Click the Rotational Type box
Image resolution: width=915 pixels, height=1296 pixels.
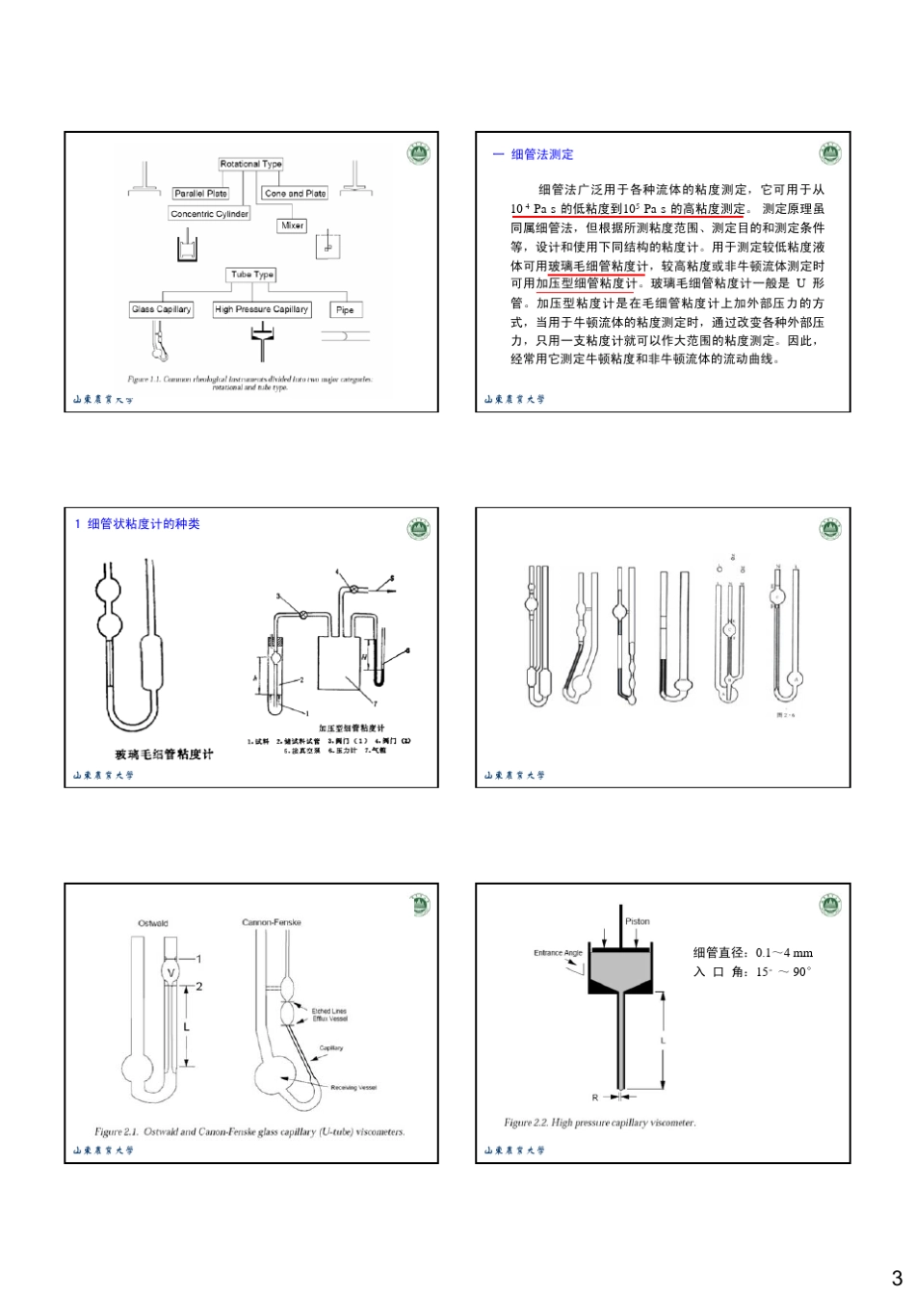pos(250,164)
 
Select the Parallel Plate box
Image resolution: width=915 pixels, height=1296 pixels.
pos(200,194)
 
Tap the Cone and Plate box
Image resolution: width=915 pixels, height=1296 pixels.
pos(295,194)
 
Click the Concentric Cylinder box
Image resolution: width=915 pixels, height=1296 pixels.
pos(209,214)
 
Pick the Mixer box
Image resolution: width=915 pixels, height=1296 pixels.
pos(292,225)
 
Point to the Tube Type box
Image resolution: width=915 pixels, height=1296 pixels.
pos(251,275)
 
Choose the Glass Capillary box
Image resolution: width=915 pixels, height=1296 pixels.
pos(161,309)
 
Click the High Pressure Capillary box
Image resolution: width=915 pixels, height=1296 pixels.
pos(261,309)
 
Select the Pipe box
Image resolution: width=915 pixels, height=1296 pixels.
pos(345,309)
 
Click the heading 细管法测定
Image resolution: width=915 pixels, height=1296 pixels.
pos(541,154)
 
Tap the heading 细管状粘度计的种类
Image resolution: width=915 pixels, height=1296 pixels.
pos(143,524)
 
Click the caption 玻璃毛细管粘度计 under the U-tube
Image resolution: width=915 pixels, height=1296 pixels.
pos(164,754)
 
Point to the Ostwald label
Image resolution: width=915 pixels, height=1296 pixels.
pos(153,923)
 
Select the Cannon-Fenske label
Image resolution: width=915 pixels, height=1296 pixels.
pos(272,922)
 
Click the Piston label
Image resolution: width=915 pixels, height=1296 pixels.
pos(637,921)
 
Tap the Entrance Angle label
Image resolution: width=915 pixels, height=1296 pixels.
pos(558,953)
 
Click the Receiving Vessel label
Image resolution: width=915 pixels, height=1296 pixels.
pos(353,1087)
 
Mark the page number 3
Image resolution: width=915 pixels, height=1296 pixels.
pos(896,1279)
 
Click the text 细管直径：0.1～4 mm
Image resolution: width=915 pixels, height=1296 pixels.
pos(752,953)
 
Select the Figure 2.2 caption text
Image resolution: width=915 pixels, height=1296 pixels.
pos(599,1123)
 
